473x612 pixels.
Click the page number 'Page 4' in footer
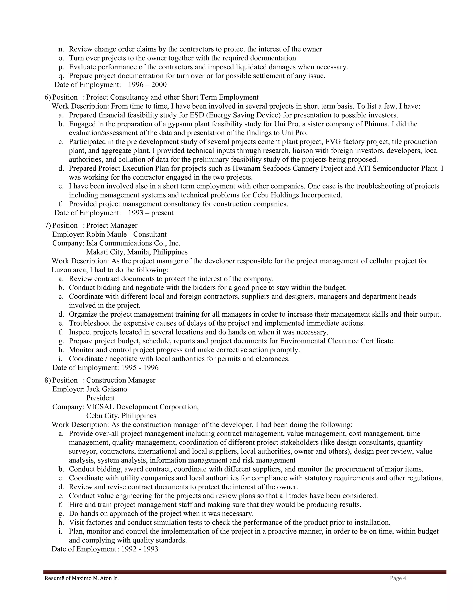click(398, 578)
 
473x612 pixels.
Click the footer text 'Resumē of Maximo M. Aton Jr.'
click(82, 578)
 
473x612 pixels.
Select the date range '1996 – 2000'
click(147, 85)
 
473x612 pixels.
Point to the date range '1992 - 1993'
click(139, 549)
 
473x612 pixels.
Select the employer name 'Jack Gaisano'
click(106, 389)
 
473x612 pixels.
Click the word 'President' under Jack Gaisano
click(101, 398)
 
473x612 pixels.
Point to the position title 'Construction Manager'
click(121, 380)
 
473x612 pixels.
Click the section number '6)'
click(48, 97)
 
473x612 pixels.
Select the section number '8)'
click(48, 380)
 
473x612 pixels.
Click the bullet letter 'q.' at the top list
click(61, 76)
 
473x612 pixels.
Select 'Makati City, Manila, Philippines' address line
click(137, 252)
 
